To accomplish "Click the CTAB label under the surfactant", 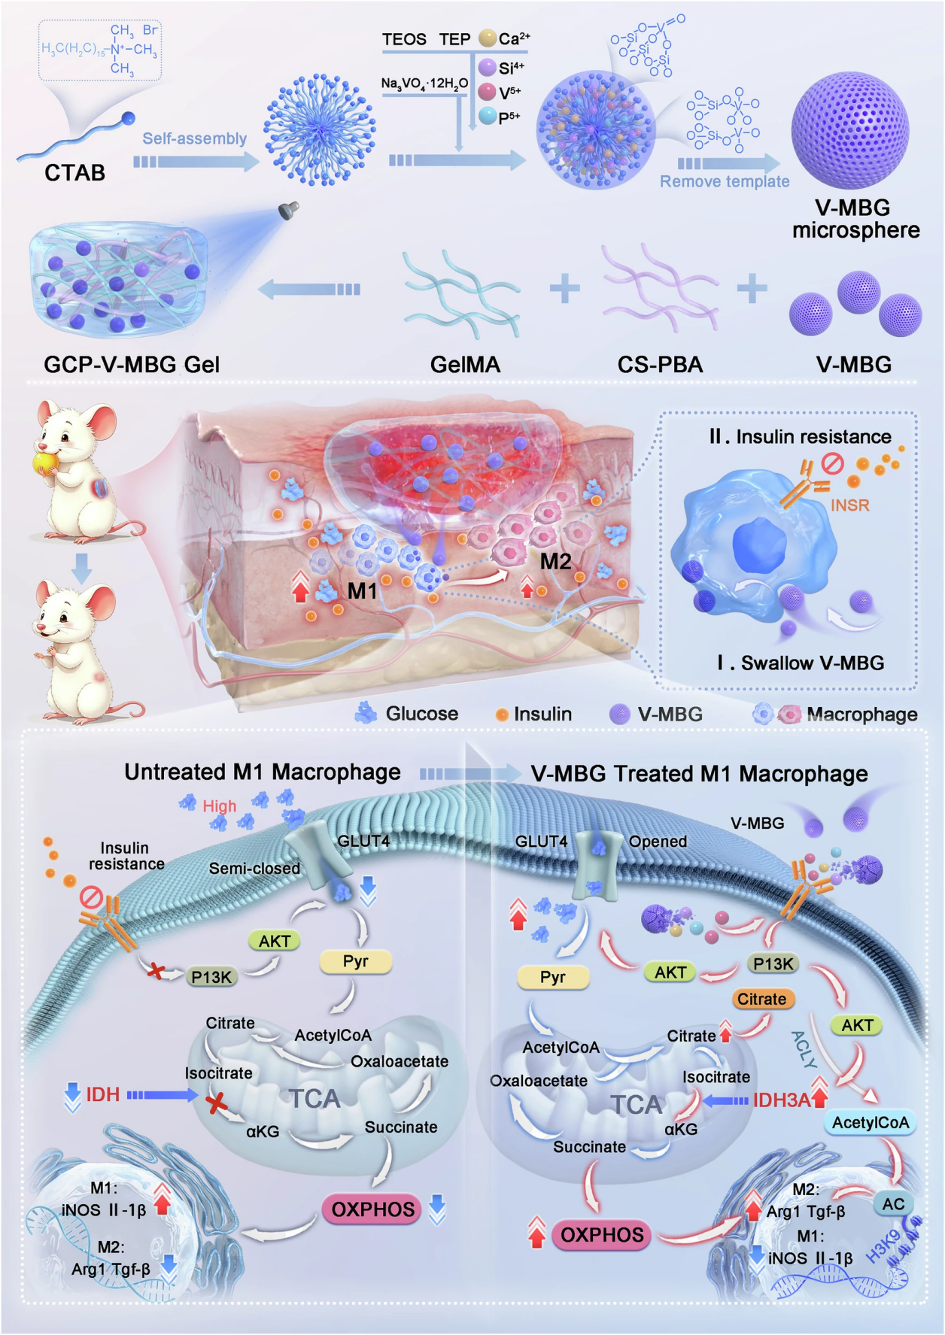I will coord(74,173).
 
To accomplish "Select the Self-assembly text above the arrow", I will coord(195,139).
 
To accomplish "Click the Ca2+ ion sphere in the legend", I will coord(488,38).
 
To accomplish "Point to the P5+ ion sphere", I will coord(488,117).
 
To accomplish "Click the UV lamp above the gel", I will coord(288,210).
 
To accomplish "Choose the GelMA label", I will coord(465,365).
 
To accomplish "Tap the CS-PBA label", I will coord(660,365).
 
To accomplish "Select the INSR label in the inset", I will coord(849,505).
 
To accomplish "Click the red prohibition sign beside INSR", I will coord(832,463).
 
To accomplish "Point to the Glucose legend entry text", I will coord(421,714).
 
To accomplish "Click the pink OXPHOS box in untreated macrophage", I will coord(373,1209).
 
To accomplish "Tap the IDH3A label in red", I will coord(782,1100).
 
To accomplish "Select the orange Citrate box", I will coord(761,999).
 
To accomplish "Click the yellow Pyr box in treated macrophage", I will coord(552,977).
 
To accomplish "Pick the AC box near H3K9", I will coord(893,1204).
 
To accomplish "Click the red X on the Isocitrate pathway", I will coord(217,1103).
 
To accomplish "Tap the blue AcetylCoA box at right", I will coord(870,1123).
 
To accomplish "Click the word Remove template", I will coord(725,182).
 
